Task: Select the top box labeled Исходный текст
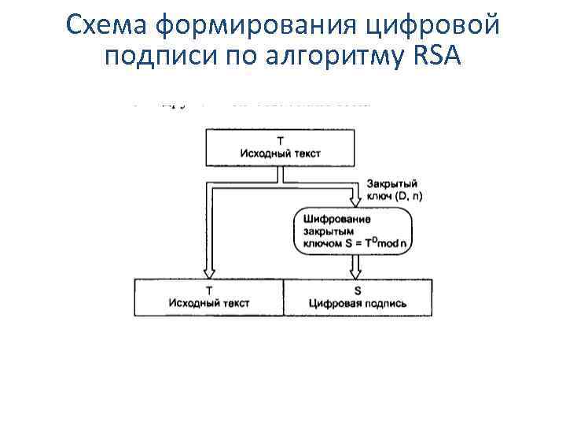[281, 148]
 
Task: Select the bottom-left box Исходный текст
[209, 297]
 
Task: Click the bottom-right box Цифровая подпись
[358, 297]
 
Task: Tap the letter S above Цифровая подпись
[358, 290]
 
